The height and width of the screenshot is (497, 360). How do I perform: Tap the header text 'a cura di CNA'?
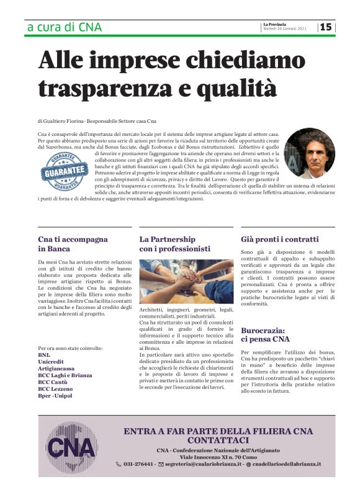pos(65,27)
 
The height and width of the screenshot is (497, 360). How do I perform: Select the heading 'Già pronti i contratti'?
pos(279,239)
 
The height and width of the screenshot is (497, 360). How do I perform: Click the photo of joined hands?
pos(186,280)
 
